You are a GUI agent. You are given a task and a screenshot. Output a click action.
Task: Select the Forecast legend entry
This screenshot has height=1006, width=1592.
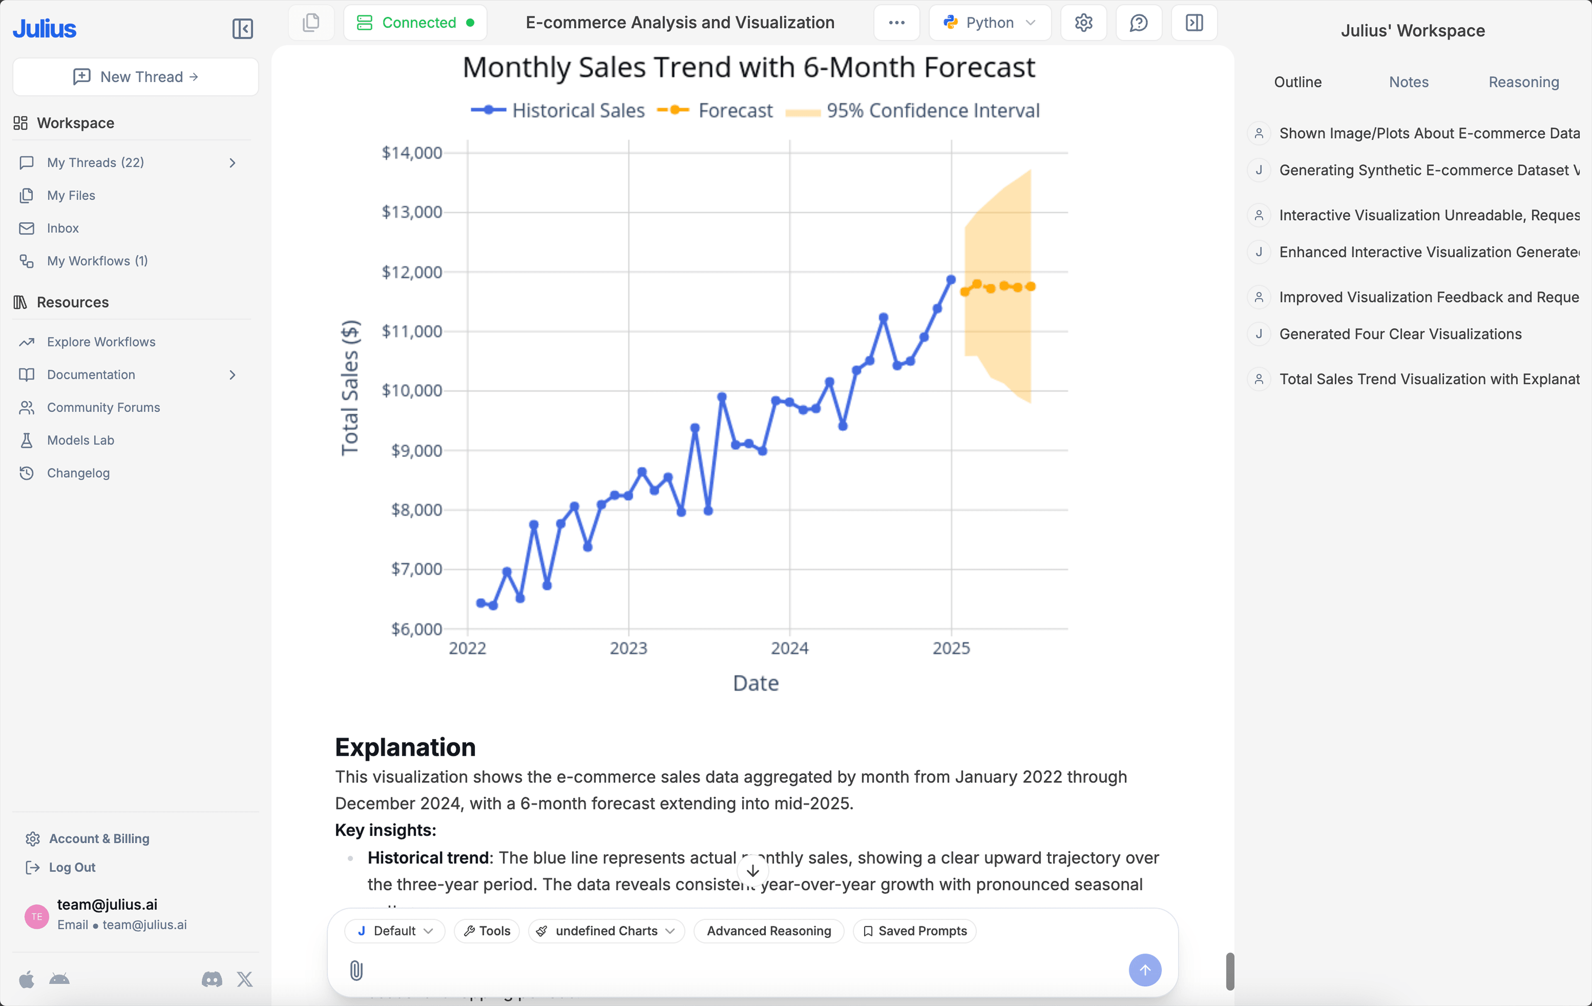[x=735, y=110]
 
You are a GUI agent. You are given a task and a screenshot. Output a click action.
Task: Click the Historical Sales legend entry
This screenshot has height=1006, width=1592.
[x=578, y=110]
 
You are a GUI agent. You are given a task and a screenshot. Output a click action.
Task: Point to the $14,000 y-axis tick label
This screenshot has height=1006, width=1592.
[x=411, y=153]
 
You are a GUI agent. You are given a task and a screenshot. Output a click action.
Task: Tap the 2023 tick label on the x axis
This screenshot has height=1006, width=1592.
[x=628, y=648]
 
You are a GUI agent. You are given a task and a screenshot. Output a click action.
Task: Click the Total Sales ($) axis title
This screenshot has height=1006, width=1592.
[x=350, y=388]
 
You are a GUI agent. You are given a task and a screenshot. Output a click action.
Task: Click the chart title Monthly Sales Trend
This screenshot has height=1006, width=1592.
[x=748, y=68]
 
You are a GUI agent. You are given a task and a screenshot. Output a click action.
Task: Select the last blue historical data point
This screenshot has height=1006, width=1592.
[x=951, y=280]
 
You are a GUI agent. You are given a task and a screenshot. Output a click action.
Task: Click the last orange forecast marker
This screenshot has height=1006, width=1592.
[x=1030, y=286]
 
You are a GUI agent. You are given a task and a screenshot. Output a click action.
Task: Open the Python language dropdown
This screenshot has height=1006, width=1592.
[x=989, y=22]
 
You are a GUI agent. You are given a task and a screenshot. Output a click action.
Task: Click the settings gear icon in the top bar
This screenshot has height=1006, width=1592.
[x=1083, y=22]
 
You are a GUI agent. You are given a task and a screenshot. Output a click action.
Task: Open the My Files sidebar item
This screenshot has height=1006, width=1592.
[x=71, y=195]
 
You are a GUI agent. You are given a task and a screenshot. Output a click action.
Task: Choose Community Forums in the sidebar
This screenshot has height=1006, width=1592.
[x=103, y=407]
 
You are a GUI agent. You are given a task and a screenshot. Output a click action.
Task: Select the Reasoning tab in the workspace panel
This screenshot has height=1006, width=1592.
[x=1523, y=82]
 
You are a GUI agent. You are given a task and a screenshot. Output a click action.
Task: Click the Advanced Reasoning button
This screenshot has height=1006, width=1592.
[x=768, y=931]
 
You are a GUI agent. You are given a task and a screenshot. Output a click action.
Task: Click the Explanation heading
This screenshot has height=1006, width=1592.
[x=405, y=747]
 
